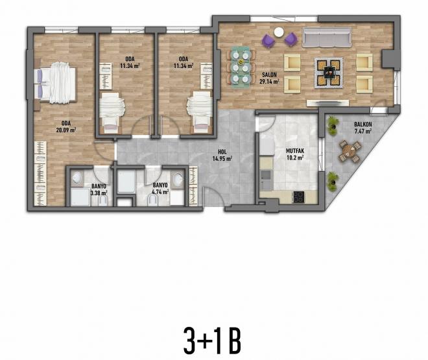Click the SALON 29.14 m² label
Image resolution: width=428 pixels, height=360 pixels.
tap(269, 78)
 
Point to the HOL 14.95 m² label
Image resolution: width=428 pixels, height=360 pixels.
tap(224, 156)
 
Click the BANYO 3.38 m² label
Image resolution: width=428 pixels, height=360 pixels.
tap(99, 189)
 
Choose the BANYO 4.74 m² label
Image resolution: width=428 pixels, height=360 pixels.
tap(160, 188)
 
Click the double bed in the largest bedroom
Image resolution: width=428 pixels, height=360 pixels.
tap(58, 82)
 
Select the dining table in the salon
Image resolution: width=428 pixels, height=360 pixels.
tap(242, 66)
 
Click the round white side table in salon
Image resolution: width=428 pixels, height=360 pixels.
tap(279, 32)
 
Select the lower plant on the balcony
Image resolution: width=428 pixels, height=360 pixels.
tap(333, 177)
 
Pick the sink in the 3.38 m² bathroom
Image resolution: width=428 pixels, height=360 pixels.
tap(77, 180)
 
